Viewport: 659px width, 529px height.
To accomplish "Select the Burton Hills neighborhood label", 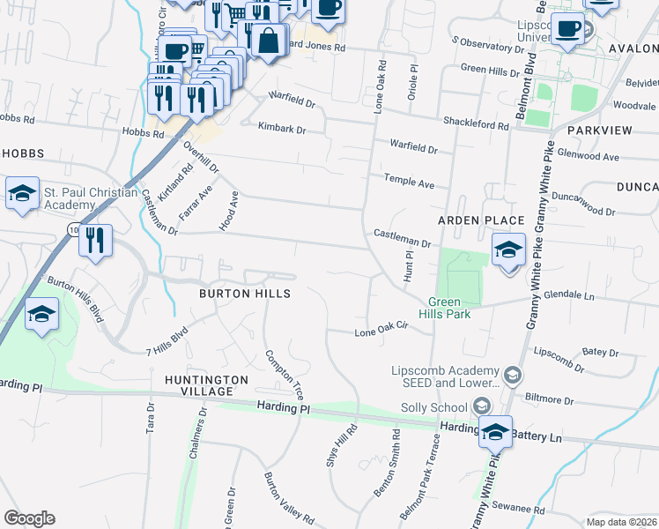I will pyautogui.click(x=245, y=293).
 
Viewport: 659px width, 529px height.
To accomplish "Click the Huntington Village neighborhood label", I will pyautogui.click(x=206, y=380).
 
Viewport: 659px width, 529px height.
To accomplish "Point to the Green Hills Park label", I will pyautogui.click(x=450, y=308).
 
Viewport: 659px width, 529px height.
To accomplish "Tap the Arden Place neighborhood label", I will pyautogui.click(x=482, y=220).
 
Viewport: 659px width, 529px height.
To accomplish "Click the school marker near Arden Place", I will pyautogui.click(x=508, y=251).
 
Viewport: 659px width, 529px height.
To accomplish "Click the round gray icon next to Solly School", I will pyautogui.click(x=481, y=406).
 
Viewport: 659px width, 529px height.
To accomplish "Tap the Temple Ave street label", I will pyautogui.click(x=409, y=182).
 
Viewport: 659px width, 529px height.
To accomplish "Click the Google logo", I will pyautogui.click(x=29, y=518).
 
